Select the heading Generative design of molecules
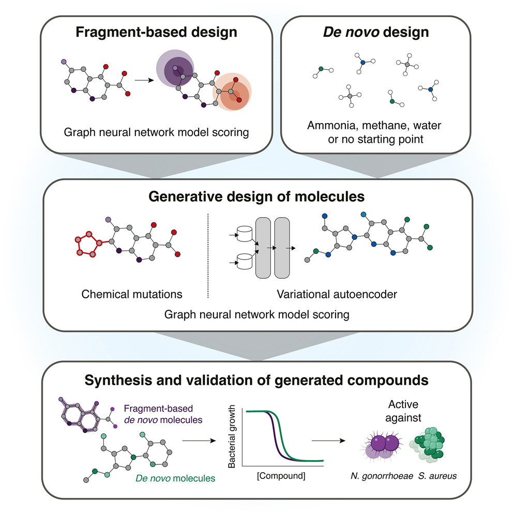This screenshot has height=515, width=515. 257,196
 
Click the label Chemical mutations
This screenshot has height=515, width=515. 132,294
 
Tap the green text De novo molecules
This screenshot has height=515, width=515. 174,479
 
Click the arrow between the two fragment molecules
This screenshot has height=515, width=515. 139,80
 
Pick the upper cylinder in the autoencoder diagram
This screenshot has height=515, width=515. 243,234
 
